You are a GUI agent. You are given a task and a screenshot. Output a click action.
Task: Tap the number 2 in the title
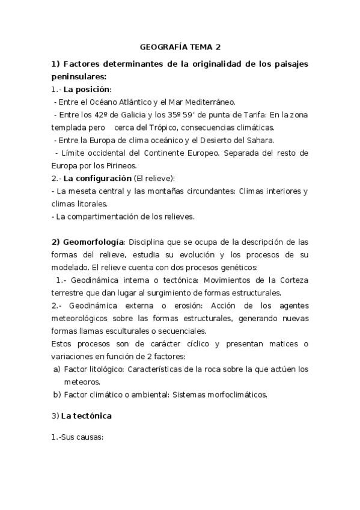pos(218,46)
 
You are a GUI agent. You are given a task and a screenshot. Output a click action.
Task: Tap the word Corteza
pos(293,280)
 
